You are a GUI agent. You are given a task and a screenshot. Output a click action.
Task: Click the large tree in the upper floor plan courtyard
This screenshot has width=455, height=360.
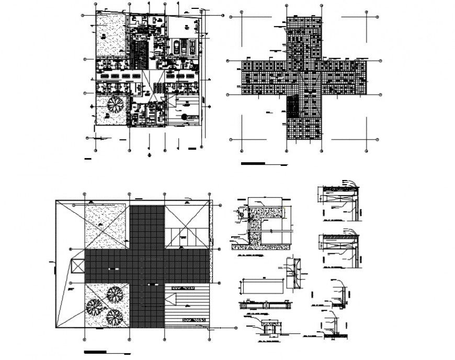[x=112, y=104]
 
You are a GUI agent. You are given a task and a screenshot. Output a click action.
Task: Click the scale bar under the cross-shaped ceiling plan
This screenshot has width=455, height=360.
[x=253, y=164]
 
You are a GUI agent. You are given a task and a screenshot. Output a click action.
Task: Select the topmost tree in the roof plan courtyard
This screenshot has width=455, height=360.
[x=115, y=295]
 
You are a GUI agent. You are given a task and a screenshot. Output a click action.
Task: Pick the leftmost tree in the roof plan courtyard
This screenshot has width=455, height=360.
[x=95, y=307]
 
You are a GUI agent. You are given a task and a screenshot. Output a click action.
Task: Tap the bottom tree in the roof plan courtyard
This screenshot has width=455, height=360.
[x=114, y=317]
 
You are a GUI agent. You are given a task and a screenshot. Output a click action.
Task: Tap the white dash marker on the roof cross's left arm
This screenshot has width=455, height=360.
[x=110, y=268]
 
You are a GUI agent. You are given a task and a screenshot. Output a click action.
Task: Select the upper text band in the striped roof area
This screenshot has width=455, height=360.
[x=188, y=288]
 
